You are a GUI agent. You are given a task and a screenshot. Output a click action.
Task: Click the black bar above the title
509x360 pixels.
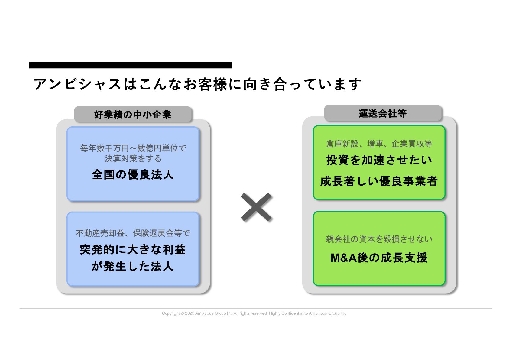tap(130, 65)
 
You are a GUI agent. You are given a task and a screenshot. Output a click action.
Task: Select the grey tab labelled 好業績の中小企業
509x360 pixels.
tap(133, 115)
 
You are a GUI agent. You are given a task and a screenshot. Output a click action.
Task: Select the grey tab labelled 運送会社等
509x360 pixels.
tap(383, 113)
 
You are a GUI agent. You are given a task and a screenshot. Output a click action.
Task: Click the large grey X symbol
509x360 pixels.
tap(256, 207)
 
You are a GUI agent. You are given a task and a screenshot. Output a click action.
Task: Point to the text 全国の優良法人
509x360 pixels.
tap(133, 175)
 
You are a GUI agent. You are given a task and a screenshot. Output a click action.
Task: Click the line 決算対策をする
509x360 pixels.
tap(133, 158)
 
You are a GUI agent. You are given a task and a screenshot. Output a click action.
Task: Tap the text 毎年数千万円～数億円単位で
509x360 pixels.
tap(133, 148)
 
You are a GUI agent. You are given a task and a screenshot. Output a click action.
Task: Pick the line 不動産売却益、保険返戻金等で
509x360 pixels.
tap(133, 233)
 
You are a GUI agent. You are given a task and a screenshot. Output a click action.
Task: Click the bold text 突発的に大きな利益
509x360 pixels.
tap(133, 250)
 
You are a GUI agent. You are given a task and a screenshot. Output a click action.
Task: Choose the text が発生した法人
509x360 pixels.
tap(133, 266)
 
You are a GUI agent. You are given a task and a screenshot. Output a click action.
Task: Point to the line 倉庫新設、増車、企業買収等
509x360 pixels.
tap(379, 144)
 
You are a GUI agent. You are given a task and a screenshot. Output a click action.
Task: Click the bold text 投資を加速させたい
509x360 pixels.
tap(379, 160)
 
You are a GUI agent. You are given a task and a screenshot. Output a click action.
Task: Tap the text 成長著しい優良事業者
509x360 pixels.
tap(379, 181)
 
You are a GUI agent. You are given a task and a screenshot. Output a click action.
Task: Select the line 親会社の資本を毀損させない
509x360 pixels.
tap(379, 239)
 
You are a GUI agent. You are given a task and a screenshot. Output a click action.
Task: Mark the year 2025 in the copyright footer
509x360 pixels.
tap(190, 313)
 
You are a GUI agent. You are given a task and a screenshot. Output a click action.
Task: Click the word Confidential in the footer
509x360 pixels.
tap(292, 313)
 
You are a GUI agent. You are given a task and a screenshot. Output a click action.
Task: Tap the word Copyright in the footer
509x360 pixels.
tap(171, 313)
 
